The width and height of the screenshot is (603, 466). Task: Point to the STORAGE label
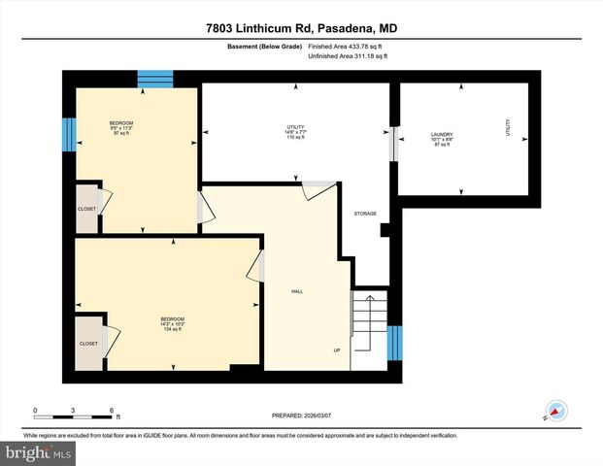tap(364, 214)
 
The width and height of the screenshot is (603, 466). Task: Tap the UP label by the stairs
tap(337, 350)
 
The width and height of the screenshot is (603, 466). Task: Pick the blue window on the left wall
tap(68, 134)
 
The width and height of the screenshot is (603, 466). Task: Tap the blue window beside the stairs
tap(395, 342)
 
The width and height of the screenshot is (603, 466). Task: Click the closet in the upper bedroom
tap(87, 208)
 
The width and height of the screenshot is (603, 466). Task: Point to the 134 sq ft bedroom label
tap(172, 323)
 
